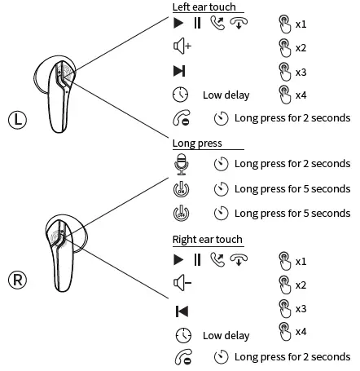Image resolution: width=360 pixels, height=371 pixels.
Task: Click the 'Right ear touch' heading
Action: tap(208, 240)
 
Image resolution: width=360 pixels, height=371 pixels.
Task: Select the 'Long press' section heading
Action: tap(197, 144)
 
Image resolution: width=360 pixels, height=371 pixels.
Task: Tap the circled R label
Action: tap(19, 280)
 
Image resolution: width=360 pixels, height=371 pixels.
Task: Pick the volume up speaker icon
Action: tap(182, 46)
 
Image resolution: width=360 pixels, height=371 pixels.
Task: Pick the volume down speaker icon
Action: tap(182, 285)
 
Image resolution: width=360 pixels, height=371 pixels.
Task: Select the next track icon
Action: tap(180, 71)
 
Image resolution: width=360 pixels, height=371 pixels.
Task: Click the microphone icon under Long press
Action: tap(182, 164)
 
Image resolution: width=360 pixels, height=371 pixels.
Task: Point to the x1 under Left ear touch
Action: tap(300, 23)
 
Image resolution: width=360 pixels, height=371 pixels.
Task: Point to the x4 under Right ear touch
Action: tap(300, 332)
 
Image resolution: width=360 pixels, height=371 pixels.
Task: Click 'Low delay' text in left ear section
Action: tap(226, 95)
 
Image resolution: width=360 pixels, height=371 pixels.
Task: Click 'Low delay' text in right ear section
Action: tap(226, 335)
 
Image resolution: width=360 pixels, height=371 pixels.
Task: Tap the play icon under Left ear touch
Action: tap(178, 23)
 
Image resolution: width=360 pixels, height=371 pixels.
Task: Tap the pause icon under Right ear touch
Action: tap(196, 261)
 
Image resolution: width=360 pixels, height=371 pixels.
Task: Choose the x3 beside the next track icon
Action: tap(300, 71)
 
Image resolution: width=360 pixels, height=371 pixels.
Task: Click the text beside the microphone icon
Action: tap(292, 164)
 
